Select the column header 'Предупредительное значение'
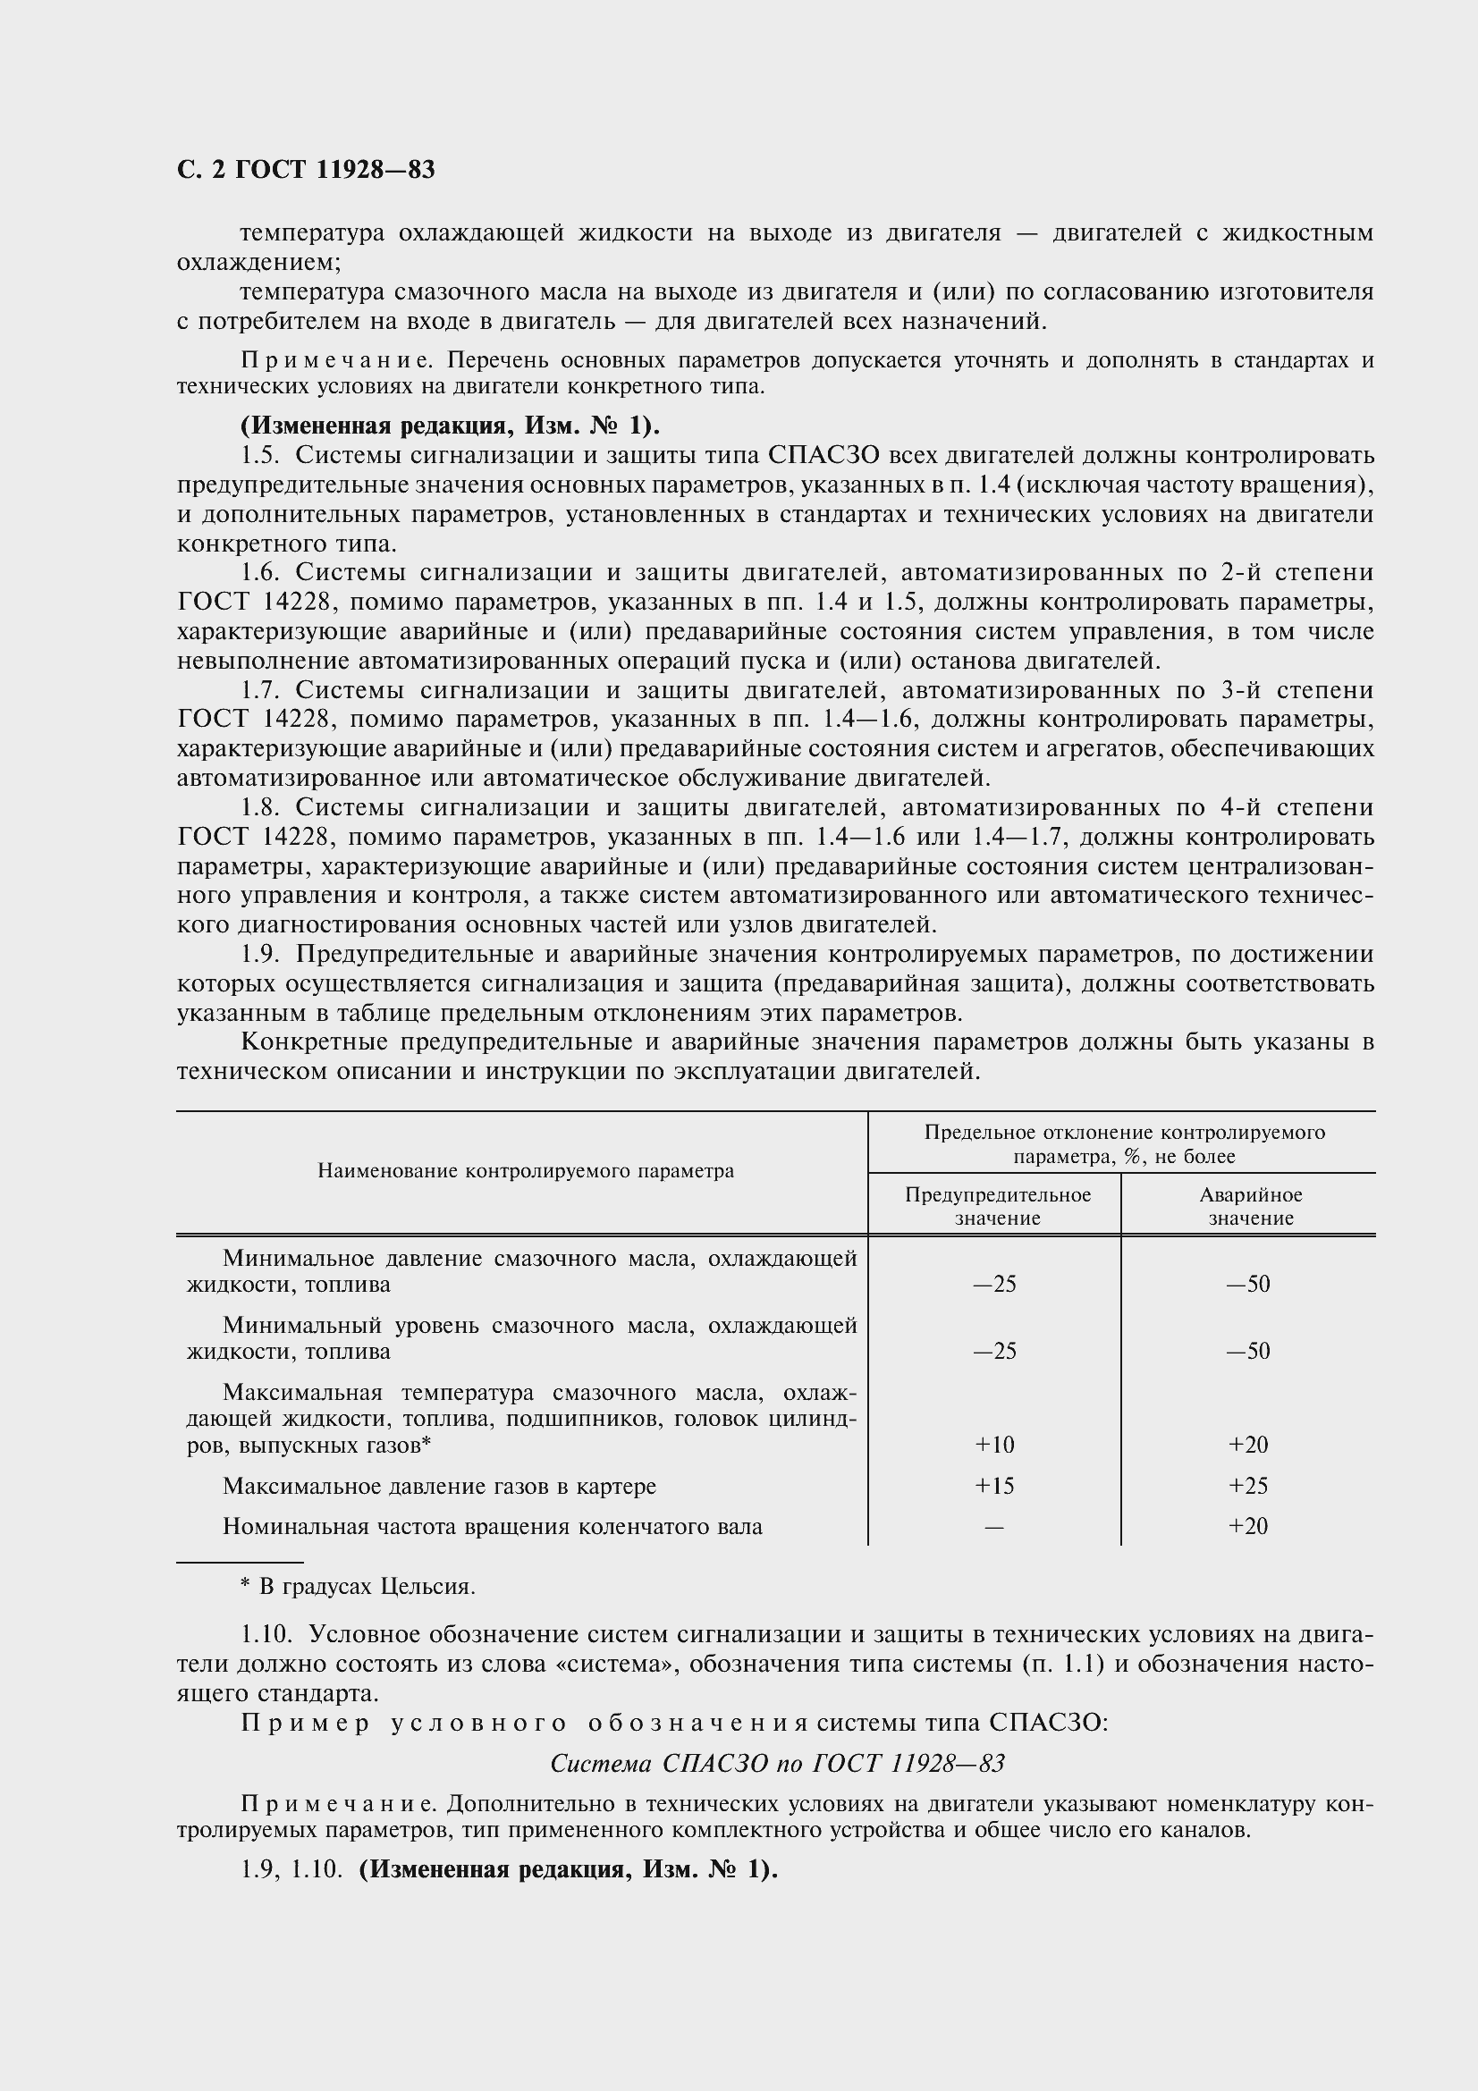tap(997, 1206)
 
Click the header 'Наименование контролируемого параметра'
tap(526, 1171)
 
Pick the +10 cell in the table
tap(993, 1446)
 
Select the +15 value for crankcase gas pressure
tap(993, 1487)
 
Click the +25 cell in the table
tap(1247, 1487)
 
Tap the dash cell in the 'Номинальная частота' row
tap(993, 1527)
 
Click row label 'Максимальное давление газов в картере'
tap(439, 1487)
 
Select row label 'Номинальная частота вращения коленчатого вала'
tap(492, 1527)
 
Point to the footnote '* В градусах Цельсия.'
tap(358, 1588)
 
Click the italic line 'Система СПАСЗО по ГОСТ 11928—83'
tap(777, 1764)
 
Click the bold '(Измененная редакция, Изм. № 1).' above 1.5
tap(450, 426)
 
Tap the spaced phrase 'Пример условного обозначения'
tap(524, 1724)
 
